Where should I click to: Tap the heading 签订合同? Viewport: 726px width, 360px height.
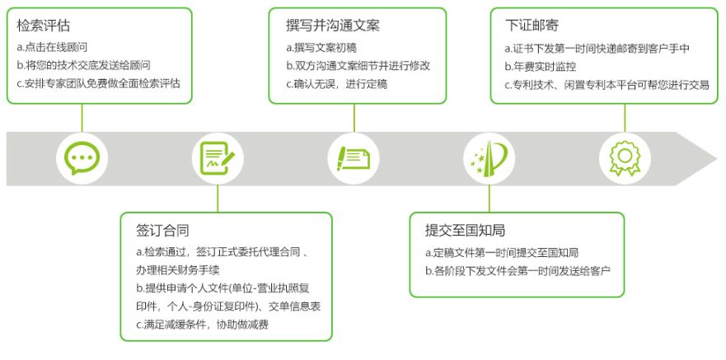coord(163,230)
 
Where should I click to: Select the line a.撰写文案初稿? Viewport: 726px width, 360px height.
coord(326,46)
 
